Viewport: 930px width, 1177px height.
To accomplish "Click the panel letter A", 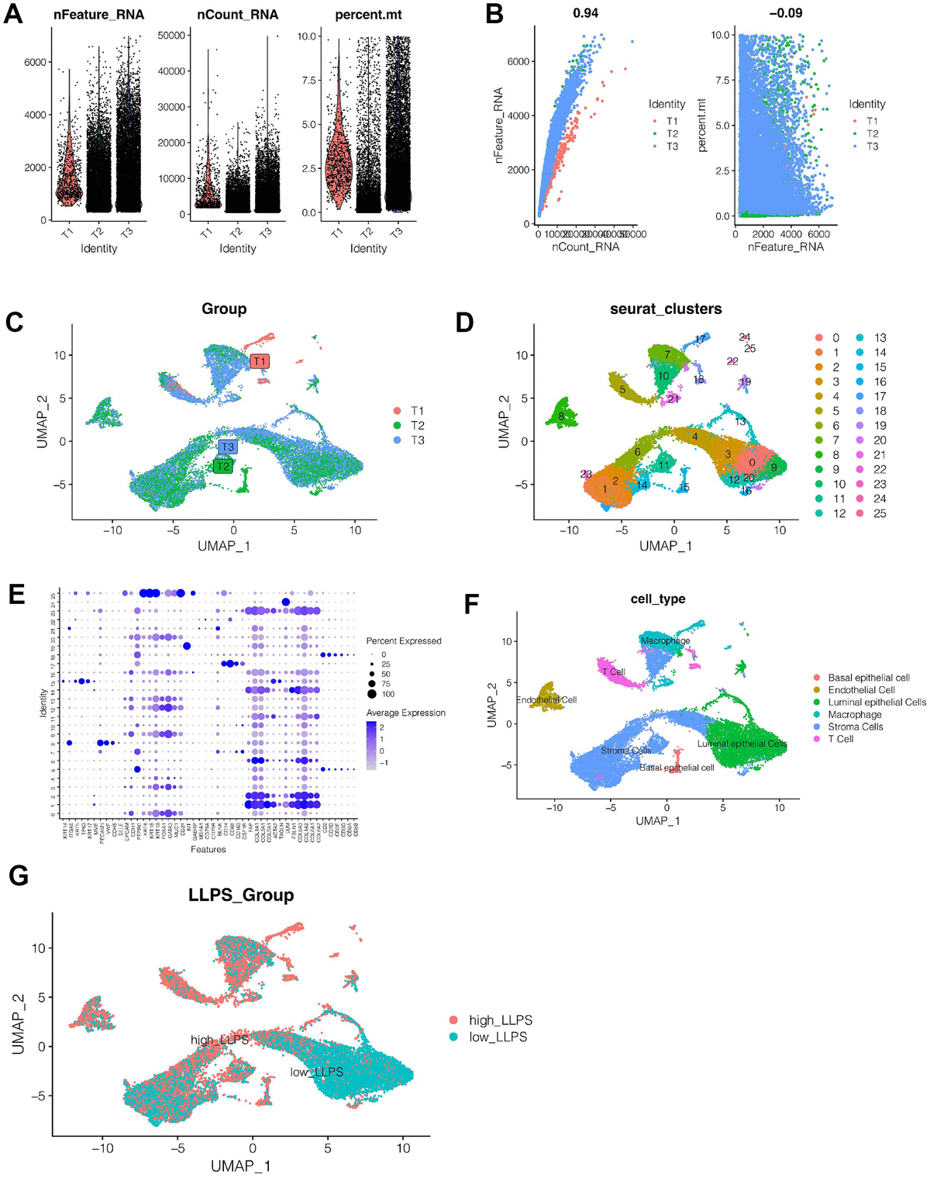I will [13, 14].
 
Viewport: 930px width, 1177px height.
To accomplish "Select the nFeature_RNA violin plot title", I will [98, 15].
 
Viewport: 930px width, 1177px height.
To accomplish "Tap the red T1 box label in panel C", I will [260, 361].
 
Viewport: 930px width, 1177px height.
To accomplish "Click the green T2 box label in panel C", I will [222, 466].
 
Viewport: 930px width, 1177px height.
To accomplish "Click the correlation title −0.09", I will [785, 13].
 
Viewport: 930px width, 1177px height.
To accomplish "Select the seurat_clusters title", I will [666, 309].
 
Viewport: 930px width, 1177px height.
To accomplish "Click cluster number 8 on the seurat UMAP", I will [560, 417].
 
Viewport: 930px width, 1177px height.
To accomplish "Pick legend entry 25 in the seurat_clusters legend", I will [880, 513].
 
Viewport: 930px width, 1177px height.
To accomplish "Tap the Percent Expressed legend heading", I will [404, 641].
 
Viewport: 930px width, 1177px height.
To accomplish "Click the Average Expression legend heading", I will [405, 713].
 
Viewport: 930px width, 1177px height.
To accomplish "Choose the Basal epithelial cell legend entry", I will [868, 678].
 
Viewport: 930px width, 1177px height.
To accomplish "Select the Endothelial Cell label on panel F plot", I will [547, 700].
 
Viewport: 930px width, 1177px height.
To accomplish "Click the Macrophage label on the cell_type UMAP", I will [665, 641].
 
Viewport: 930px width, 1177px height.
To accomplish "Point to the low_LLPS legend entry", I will [498, 1037].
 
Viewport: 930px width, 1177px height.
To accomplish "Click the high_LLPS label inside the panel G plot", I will [220, 1040].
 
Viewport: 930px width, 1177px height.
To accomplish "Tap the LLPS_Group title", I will [241, 896].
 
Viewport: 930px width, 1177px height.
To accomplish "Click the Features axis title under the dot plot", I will [208, 850].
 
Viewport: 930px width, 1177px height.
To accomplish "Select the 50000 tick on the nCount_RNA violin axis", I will [171, 36].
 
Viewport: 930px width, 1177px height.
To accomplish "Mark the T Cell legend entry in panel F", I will [840, 739].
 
